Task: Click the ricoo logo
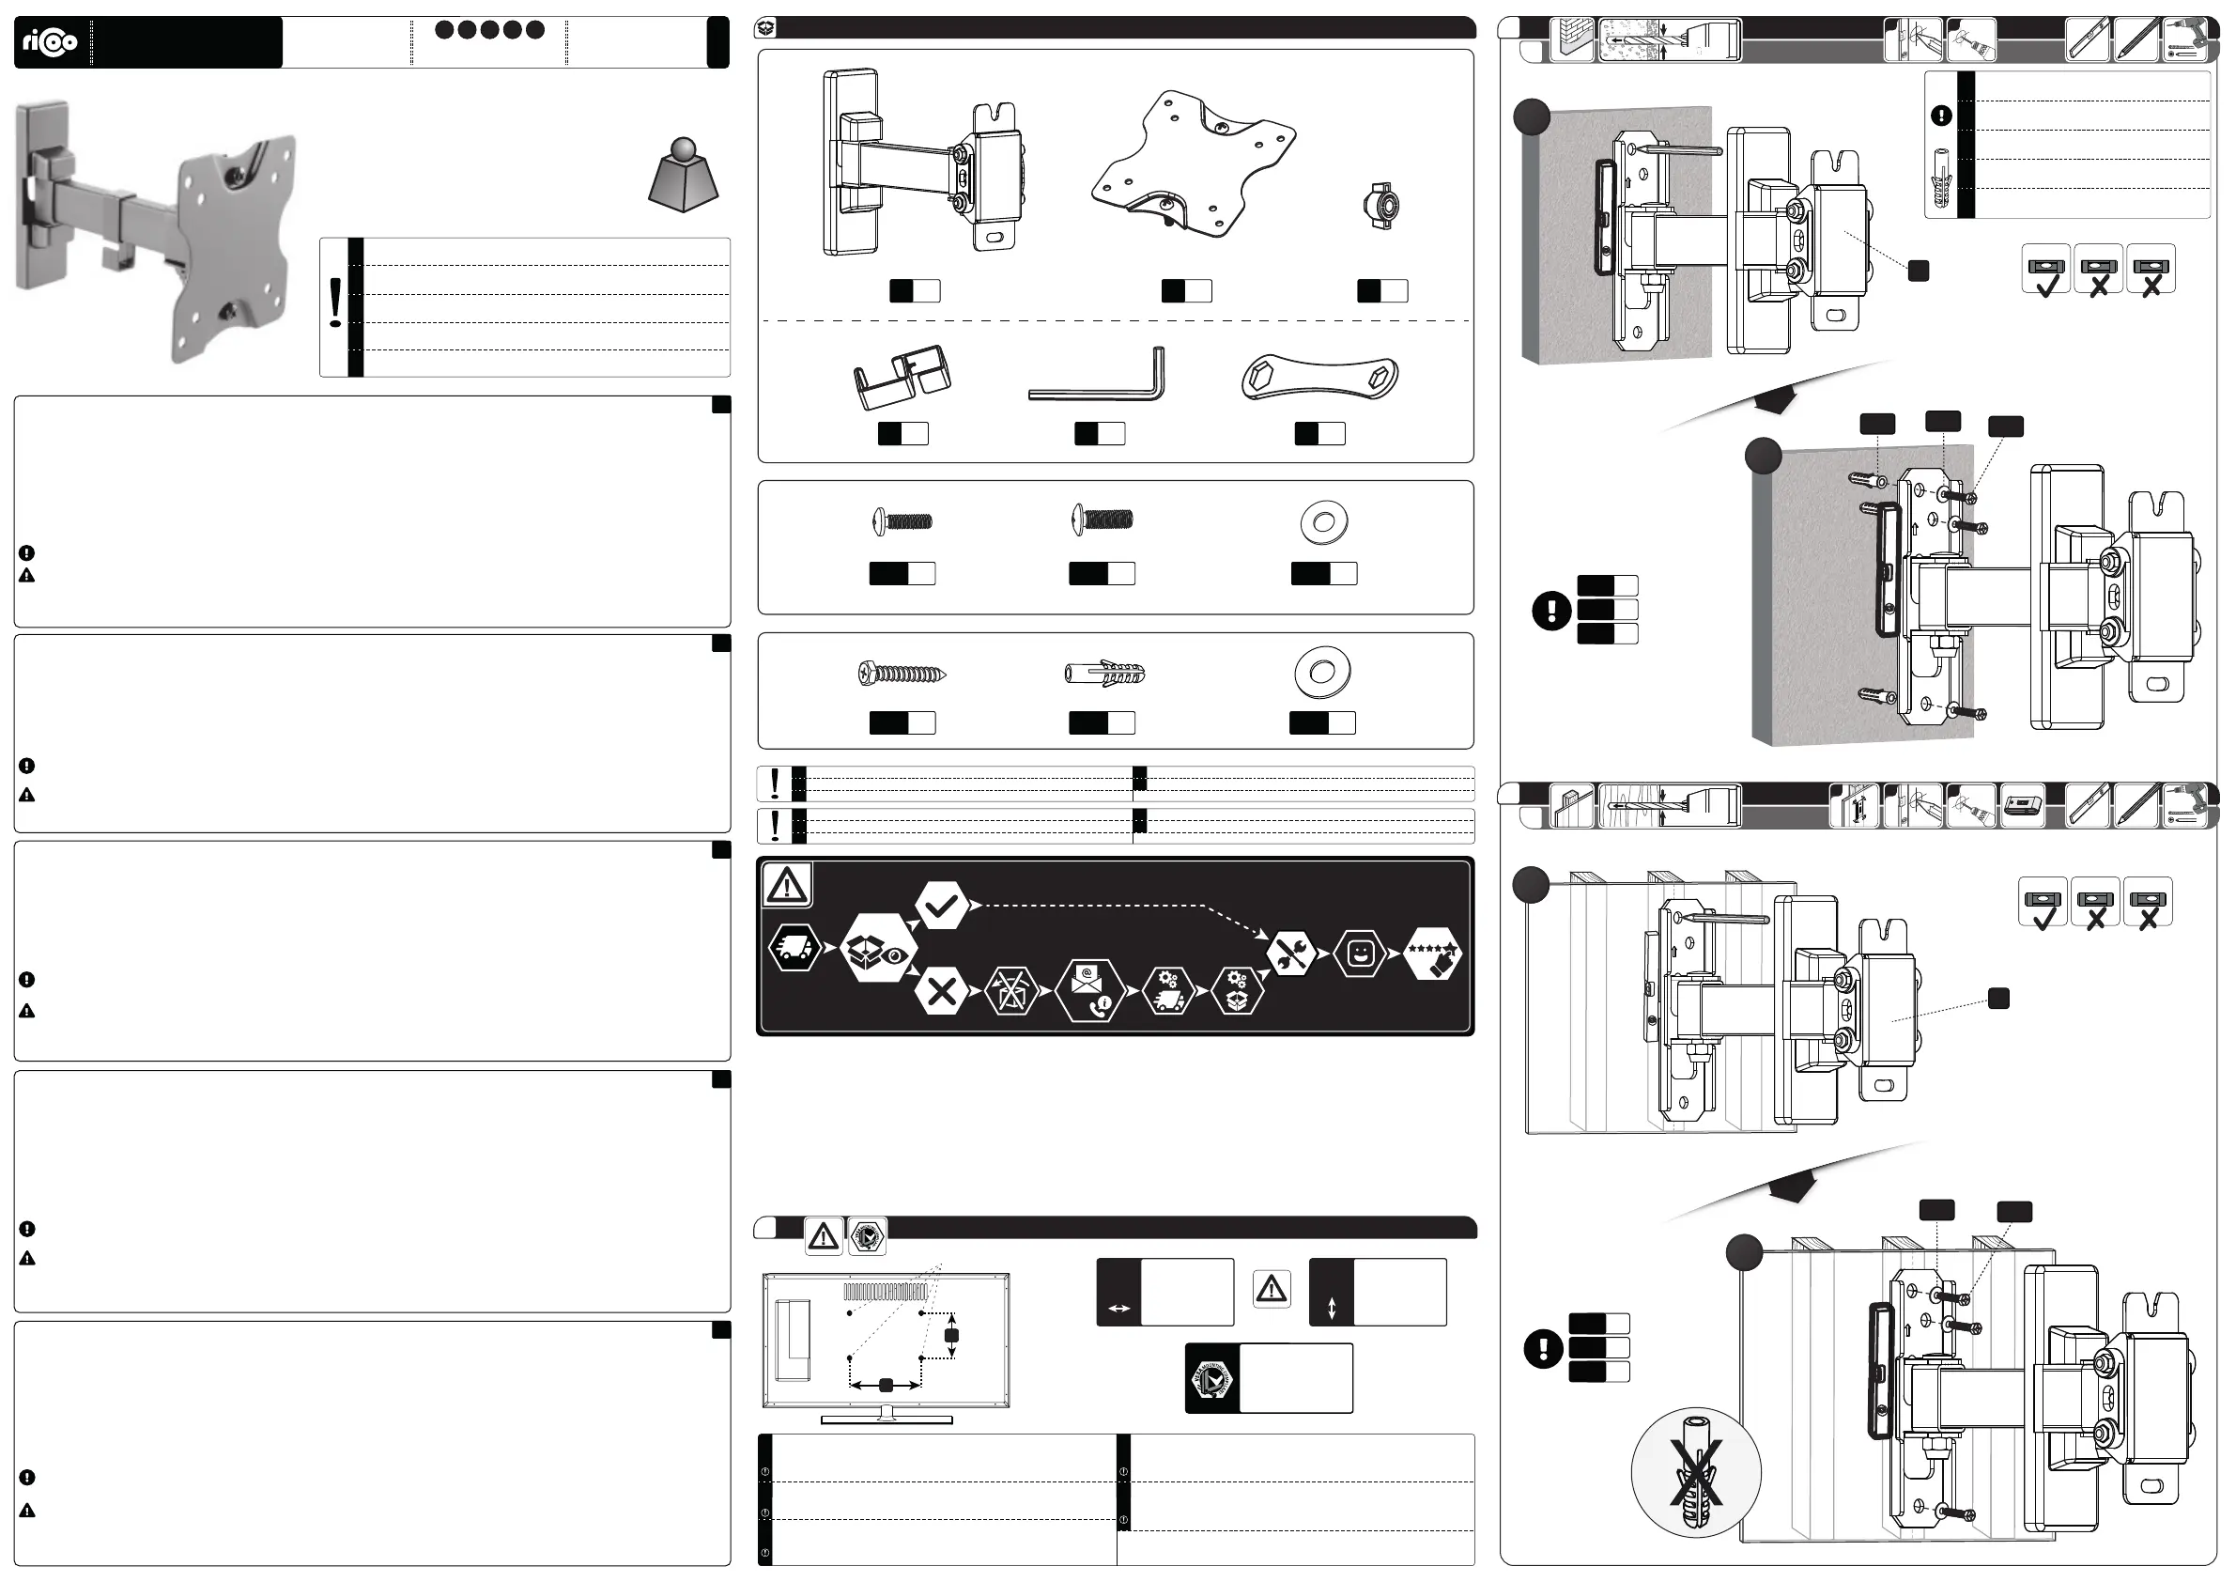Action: click(x=50, y=42)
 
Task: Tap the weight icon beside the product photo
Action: click(x=683, y=177)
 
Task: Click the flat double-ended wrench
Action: click(x=1319, y=377)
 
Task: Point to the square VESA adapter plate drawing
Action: click(x=1192, y=163)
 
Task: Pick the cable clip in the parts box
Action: click(x=902, y=376)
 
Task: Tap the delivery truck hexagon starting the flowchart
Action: click(x=794, y=948)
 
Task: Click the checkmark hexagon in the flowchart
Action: click(x=941, y=906)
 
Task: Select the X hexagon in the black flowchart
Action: click(x=941, y=992)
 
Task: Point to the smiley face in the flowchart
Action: click(x=1360, y=954)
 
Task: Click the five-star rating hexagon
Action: click(x=1432, y=953)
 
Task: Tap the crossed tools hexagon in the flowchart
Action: click(x=1291, y=953)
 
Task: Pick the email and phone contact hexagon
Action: click(x=1089, y=992)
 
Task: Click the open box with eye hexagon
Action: click(x=877, y=948)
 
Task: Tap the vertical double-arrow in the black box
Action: click(x=1332, y=1309)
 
